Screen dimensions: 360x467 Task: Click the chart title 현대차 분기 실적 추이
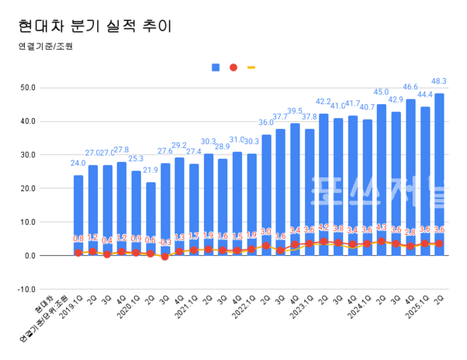pos(94,26)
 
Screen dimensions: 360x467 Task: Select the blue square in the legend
pos(216,68)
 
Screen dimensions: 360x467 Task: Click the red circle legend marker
pos(233,68)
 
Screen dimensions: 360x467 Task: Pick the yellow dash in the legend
pos(251,68)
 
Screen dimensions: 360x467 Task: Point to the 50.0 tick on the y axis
pos(49,88)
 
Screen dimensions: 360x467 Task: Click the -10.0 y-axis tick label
pos(49,289)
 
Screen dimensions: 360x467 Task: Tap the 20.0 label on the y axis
pos(49,189)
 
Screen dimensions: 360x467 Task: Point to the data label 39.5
pos(295,111)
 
